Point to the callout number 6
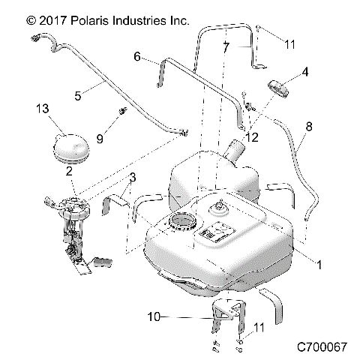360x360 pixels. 137,56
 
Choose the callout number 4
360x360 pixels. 305,72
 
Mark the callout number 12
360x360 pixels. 252,136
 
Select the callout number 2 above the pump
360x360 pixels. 69,172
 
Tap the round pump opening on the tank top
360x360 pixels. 184,223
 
